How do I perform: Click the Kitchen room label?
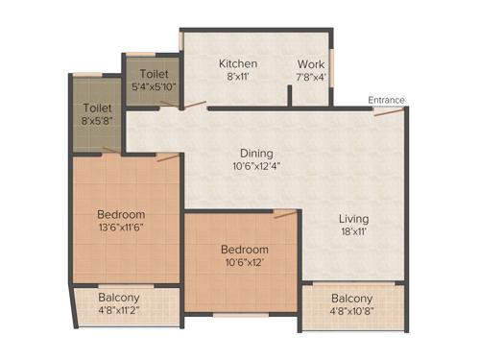tap(237, 64)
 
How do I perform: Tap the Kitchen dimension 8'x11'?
tap(237, 78)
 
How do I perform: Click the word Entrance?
tap(386, 100)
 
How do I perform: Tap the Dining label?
tap(256, 153)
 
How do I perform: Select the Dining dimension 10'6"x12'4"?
tap(256, 166)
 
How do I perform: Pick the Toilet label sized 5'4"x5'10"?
tap(156, 73)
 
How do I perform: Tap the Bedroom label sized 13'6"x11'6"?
tap(121, 213)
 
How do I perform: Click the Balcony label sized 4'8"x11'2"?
tap(119, 298)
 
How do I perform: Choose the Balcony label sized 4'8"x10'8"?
tap(352, 298)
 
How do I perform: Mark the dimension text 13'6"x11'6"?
tap(121, 228)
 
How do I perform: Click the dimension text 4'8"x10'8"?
tap(352, 311)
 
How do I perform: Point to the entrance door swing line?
tap(388, 111)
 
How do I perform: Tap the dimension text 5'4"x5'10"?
tap(156, 86)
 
